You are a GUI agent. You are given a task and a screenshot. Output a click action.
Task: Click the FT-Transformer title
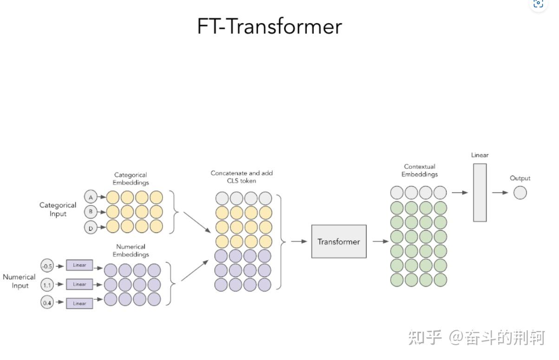[x=269, y=26]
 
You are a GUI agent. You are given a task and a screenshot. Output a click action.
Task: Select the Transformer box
[x=338, y=241]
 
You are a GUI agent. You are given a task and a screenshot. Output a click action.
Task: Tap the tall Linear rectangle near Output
[x=480, y=193]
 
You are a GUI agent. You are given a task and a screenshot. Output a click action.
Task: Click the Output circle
[x=520, y=193]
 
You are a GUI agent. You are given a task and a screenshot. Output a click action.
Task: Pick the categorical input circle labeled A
[x=91, y=197]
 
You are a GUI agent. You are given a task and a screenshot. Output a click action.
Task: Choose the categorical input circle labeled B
[x=91, y=212]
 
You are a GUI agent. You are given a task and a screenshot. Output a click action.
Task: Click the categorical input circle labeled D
[x=91, y=227]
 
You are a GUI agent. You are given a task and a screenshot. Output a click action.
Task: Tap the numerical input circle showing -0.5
[x=47, y=266]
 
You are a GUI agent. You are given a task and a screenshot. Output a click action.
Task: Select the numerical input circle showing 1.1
[x=47, y=284]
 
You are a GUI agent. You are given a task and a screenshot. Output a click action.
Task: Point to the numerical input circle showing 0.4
[x=47, y=303]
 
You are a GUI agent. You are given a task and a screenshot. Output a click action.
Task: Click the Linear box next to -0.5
[x=79, y=265]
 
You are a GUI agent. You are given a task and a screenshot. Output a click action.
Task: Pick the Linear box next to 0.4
[x=79, y=303]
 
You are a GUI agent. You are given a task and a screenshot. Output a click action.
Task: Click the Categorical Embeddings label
[x=130, y=179]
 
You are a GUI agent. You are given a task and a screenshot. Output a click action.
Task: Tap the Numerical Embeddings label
[x=130, y=251]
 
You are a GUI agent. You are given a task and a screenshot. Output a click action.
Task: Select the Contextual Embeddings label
[x=420, y=170]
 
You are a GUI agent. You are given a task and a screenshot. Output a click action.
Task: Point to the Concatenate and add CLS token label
[x=241, y=177]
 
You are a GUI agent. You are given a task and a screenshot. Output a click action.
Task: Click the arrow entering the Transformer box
[x=299, y=241]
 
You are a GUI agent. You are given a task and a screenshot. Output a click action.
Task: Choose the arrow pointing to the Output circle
[x=500, y=193]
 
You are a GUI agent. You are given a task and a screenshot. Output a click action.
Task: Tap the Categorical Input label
[x=58, y=209]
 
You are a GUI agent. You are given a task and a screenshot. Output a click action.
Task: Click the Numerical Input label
[x=19, y=281]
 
